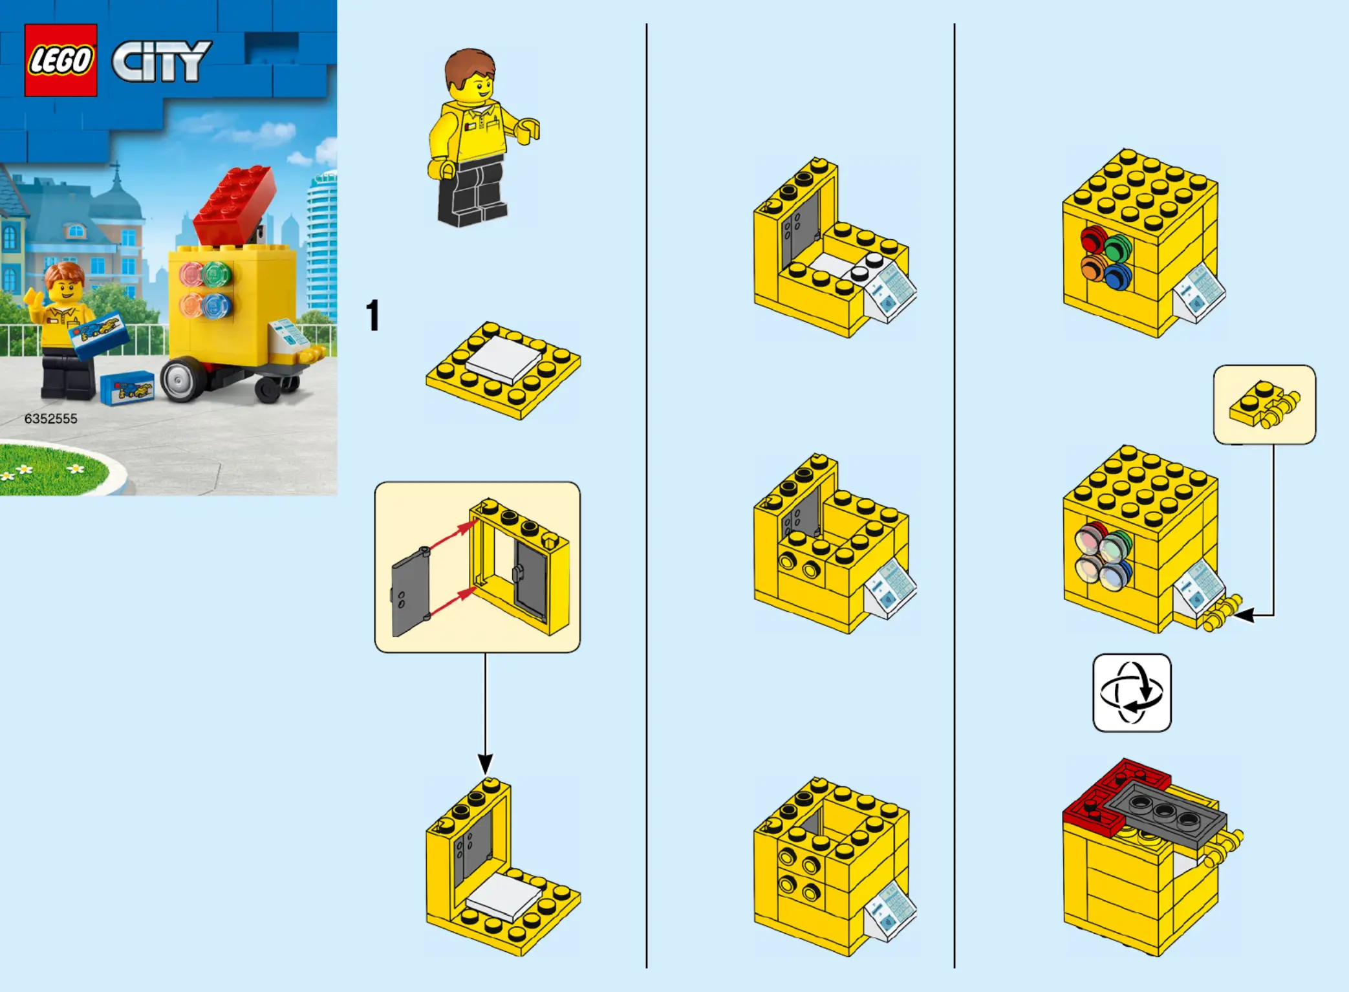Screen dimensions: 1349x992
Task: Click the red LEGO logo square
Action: (x=61, y=60)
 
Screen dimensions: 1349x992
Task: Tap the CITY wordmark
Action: (x=162, y=61)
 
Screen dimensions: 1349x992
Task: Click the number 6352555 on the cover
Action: (x=51, y=418)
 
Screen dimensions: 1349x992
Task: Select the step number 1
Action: (x=372, y=316)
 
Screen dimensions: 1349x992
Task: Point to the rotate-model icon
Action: (x=1132, y=693)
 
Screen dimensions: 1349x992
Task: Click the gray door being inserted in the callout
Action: (x=411, y=590)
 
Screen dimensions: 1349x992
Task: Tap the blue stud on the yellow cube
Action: (x=1118, y=275)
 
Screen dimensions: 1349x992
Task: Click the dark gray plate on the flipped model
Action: (x=1164, y=812)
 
